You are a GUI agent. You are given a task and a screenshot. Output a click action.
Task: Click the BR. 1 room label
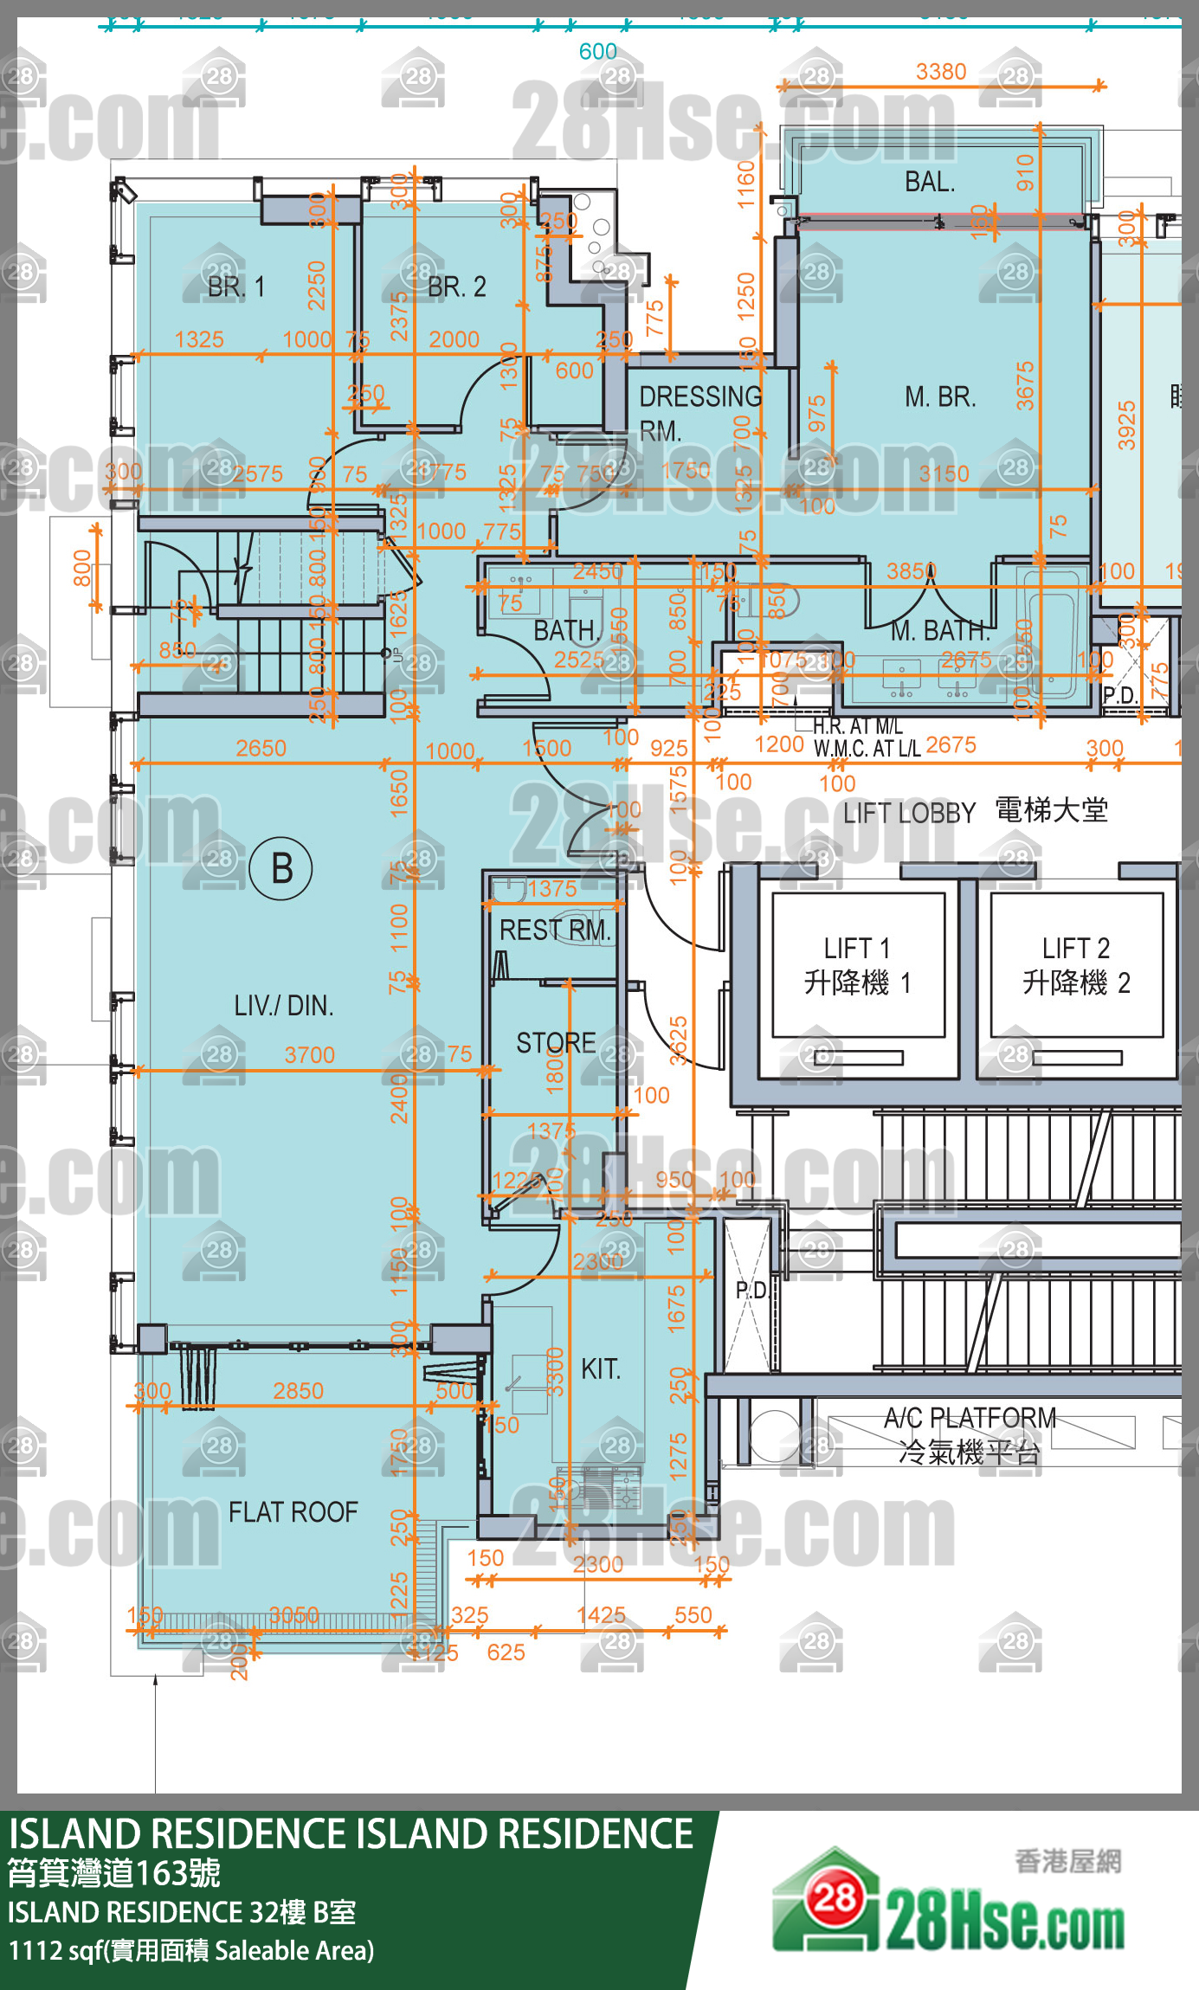[235, 287]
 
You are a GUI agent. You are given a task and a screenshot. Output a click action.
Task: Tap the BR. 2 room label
[456, 287]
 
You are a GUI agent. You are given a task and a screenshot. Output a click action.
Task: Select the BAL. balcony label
[930, 182]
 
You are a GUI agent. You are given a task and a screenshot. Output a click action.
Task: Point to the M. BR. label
[940, 396]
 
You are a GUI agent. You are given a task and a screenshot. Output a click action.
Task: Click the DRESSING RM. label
[699, 412]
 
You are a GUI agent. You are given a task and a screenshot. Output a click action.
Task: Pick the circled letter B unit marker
[281, 868]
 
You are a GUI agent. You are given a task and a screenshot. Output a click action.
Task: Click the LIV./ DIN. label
[283, 1005]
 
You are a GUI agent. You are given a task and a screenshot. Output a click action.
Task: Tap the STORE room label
[556, 1043]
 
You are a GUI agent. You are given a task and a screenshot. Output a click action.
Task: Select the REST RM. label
[555, 931]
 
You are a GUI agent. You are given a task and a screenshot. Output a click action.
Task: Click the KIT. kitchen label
[601, 1369]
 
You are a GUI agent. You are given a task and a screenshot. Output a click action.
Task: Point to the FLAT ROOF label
[293, 1511]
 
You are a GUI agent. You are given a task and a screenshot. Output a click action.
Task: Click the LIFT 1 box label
[857, 965]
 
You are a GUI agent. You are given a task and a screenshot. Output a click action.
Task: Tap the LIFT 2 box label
[1076, 965]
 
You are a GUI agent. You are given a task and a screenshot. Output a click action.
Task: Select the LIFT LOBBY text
[909, 813]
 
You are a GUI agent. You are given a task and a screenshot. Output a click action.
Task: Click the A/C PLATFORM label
[970, 1418]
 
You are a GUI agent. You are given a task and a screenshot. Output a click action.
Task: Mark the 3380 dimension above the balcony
[941, 72]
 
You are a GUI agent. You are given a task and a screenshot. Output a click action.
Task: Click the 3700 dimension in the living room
[309, 1054]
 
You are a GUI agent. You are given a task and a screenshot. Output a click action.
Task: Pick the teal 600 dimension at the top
[597, 52]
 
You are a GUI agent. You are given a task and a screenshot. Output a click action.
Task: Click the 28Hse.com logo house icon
[828, 1901]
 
